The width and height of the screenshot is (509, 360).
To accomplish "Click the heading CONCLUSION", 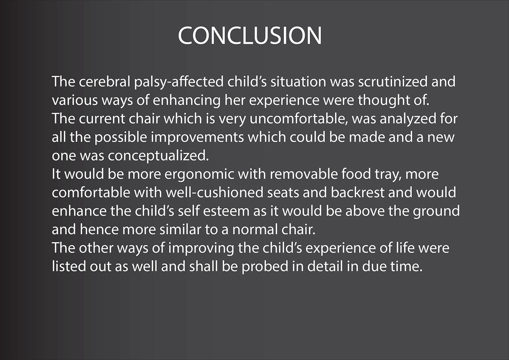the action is (x=250, y=36).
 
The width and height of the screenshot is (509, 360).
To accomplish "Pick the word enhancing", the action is (x=187, y=101).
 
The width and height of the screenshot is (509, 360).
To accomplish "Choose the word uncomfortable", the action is (x=298, y=119).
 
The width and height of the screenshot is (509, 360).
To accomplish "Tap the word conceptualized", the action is (x=158, y=156).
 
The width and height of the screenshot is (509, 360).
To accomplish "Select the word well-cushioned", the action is (x=214, y=192).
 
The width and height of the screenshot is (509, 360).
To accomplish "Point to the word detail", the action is (x=325, y=267).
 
